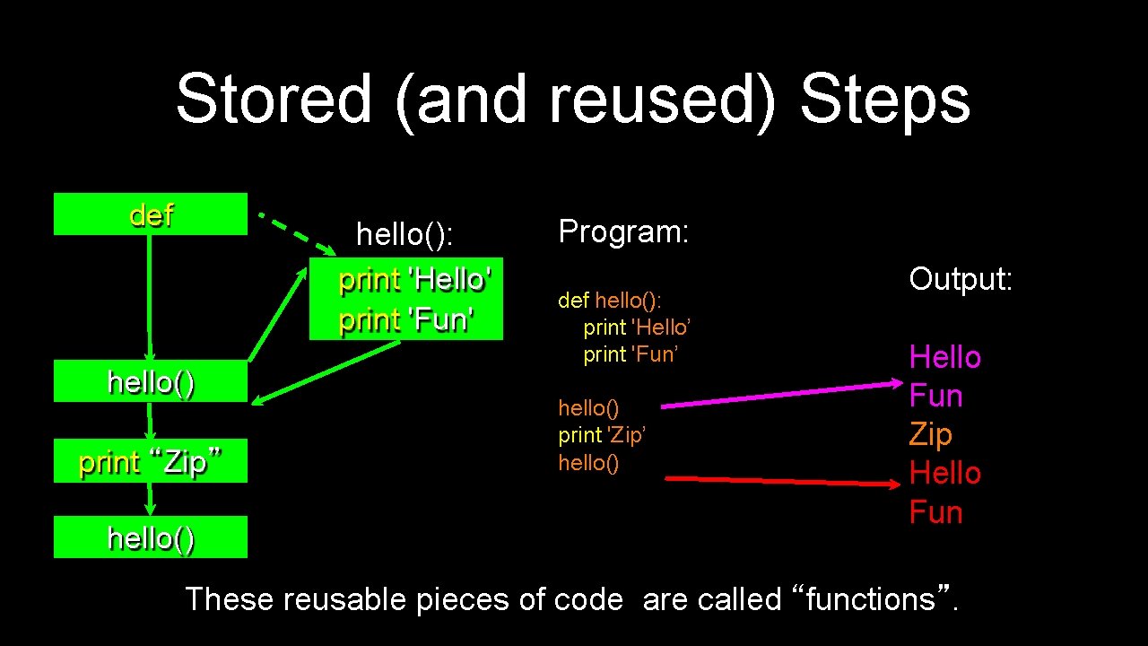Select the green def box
pyautogui.click(x=151, y=214)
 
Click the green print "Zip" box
pyautogui.click(x=151, y=462)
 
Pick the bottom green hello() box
pyautogui.click(x=151, y=537)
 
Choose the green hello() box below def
pyautogui.click(x=151, y=382)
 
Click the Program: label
pyautogui.click(x=623, y=231)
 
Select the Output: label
pyautogui.click(x=961, y=279)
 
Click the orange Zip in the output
pyautogui.click(x=930, y=434)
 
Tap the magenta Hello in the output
pyautogui.click(x=944, y=357)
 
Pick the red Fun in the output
pyautogui.click(x=935, y=512)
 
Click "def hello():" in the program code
pyautogui.click(x=610, y=300)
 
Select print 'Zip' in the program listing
pyautogui.click(x=602, y=435)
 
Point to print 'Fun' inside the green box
pyautogui.click(x=406, y=320)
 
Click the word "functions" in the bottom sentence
pyautogui.click(x=870, y=598)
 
